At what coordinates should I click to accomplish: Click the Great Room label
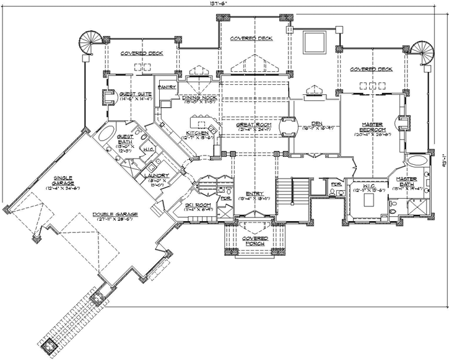(250, 125)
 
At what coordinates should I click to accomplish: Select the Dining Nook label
(199, 98)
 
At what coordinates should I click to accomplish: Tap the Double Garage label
(115, 214)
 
